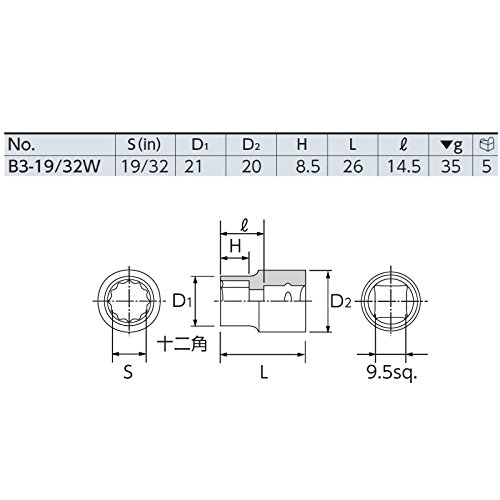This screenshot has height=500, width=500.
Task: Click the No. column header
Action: tap(21, 145)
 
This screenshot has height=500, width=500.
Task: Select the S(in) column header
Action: tap(144, 144)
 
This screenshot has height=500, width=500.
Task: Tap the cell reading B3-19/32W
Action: tap(54, 166)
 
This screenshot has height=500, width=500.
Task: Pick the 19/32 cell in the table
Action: tap(145, 166)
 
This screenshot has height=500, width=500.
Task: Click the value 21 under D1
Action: tap(193, 166)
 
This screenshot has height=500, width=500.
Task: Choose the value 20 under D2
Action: tap(251, 166)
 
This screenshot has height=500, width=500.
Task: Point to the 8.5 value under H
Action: tap(308, 166)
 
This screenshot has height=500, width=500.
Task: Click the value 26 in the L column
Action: tap(353, 166)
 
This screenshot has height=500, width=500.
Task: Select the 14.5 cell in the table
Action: tap(404, 166)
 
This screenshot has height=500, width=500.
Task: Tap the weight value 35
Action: tap(451, 166)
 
